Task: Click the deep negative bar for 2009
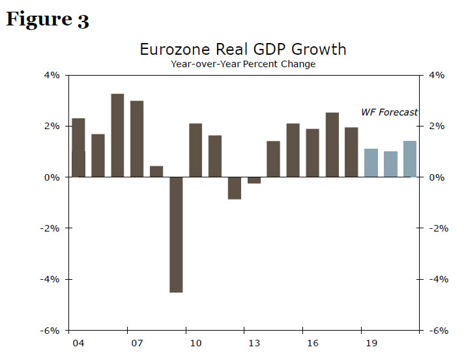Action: click(176, 235)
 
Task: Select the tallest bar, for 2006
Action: click(117, 136)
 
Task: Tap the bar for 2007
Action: click(137, 139)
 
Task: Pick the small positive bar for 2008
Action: click(156, 172)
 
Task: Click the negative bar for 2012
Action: click(235, 188)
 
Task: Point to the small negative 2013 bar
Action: click(254, 180)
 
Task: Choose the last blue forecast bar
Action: click(410, 159)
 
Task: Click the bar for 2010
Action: click(196, 150)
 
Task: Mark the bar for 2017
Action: click(332, 145)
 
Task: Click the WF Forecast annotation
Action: click(389, 112)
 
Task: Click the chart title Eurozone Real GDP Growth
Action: click(243, 50)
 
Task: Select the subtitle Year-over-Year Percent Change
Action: click(243, 64)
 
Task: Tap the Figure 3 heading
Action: click(47, 20)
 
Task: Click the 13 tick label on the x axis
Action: click(254, 342)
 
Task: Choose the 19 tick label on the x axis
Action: click(371, 342)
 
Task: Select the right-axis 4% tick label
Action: click(436, 75)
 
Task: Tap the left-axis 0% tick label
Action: click(52, 177)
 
